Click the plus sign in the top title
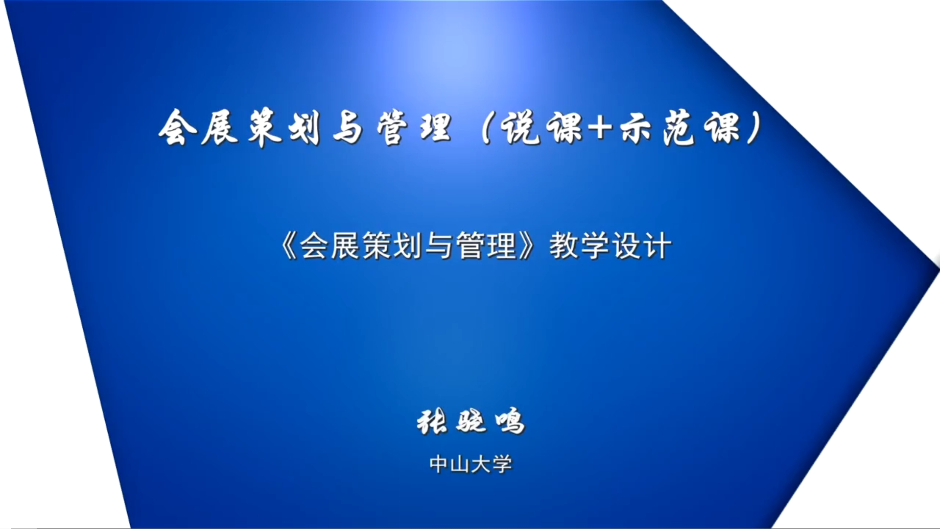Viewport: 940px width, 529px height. (600, 128)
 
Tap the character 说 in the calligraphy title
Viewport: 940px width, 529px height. (522, 127)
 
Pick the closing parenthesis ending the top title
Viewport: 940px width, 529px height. (754, 128)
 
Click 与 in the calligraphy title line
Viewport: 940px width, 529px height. (348, 128)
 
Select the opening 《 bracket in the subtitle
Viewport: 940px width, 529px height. (288, 245)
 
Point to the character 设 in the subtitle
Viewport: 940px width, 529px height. (626, 245)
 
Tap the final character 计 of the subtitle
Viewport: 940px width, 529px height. (657, 245)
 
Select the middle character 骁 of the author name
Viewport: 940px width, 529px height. (471, 422)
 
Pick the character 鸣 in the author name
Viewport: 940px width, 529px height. (510, 422)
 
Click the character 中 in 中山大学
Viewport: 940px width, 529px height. (439, 464)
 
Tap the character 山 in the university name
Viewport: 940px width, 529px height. (460, 464)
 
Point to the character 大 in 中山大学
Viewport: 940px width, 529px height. (481, 464)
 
